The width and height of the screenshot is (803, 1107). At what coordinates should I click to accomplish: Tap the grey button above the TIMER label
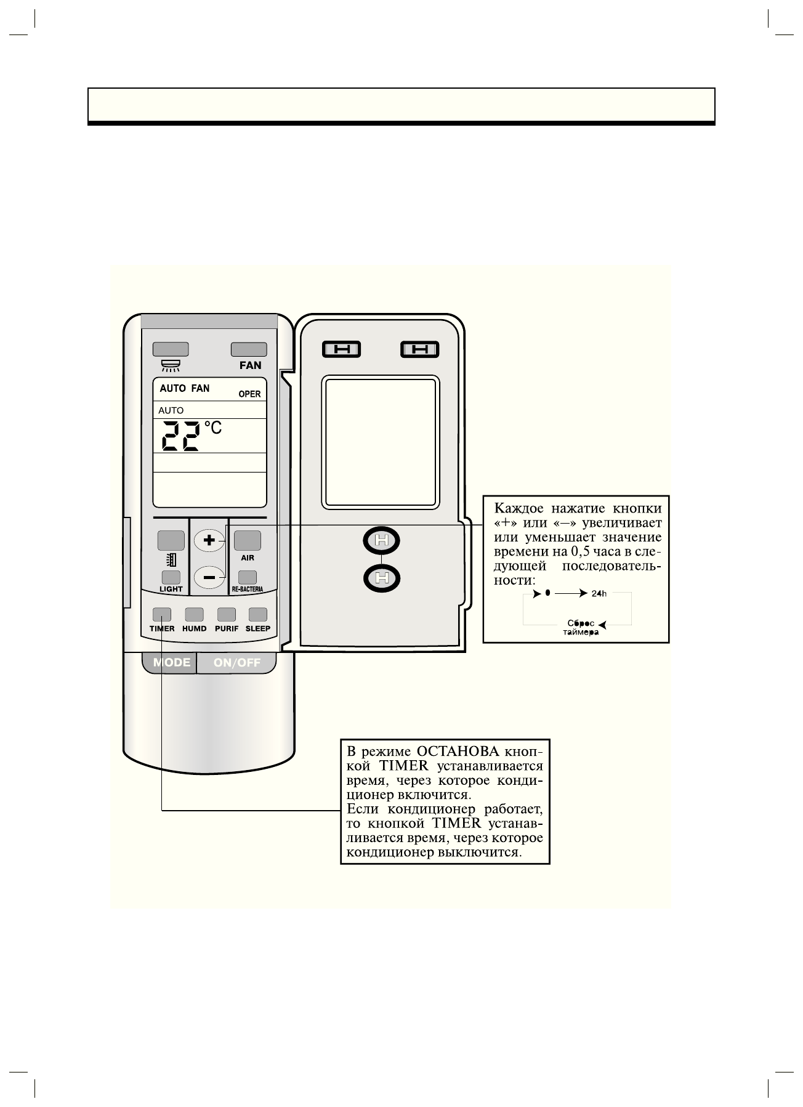point(162,614)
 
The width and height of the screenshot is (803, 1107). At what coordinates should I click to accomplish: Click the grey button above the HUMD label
point(194,614)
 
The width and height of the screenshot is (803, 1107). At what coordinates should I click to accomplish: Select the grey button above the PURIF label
point(226,614)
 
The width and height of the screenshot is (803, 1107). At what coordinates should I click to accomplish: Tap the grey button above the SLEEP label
point(257,614)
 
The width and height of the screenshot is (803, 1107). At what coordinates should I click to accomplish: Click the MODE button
point(171,663)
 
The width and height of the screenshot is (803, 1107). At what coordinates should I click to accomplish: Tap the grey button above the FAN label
point(249,349)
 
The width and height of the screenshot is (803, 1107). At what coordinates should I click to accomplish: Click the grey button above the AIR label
point(247,540)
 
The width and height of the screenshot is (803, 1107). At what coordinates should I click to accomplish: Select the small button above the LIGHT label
point(171,577)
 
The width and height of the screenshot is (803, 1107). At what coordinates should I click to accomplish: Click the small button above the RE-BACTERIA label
point(248,577)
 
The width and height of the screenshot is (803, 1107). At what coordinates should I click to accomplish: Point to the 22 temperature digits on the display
point(180,436)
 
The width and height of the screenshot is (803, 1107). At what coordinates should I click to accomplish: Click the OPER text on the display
point(249,394)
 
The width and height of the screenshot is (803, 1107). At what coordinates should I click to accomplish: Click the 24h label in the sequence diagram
point(599,594)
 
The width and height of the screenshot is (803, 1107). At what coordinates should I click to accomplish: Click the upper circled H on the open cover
point(382,541)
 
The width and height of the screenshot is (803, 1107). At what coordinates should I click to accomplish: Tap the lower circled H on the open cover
point(382,578)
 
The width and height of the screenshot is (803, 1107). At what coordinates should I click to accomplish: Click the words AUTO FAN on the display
point(184,388)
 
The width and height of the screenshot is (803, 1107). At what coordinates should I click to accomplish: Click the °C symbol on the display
point(213,427)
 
